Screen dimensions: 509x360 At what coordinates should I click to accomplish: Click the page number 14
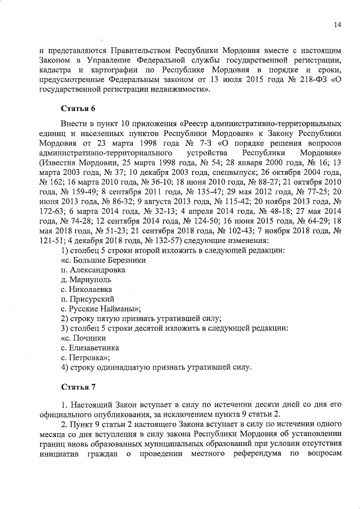[x=337, y=24]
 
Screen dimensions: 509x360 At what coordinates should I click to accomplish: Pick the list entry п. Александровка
[x=92, y=269]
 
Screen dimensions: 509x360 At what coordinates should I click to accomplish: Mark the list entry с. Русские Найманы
[x=100, y=309]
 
